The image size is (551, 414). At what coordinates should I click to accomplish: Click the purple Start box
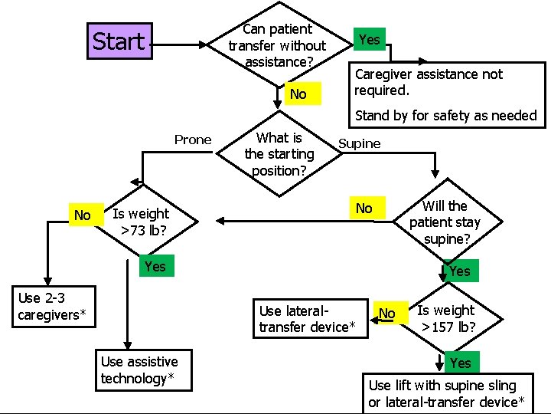119,41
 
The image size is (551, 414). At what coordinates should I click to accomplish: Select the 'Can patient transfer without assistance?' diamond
276,45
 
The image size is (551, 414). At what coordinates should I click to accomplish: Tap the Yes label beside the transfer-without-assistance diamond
369,39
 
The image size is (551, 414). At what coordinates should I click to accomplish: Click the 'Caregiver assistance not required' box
429,82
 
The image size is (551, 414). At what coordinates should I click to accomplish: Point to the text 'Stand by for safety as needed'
445,116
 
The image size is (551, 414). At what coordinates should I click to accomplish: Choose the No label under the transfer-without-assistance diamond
298,94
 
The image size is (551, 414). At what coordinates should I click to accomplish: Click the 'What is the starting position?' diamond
279,154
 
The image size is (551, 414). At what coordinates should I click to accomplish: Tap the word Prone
193,140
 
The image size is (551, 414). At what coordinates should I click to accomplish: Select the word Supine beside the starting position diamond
359,143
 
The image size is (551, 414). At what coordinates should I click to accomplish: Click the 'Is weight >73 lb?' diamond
140,222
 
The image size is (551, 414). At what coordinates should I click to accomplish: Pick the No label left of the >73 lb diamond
83,216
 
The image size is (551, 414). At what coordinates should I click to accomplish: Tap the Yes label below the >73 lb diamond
155,266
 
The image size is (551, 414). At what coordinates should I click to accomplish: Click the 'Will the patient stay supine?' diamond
445,222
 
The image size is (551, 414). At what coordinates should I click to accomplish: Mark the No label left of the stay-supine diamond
364,208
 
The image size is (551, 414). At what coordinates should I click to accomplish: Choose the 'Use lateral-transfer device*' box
308,319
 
